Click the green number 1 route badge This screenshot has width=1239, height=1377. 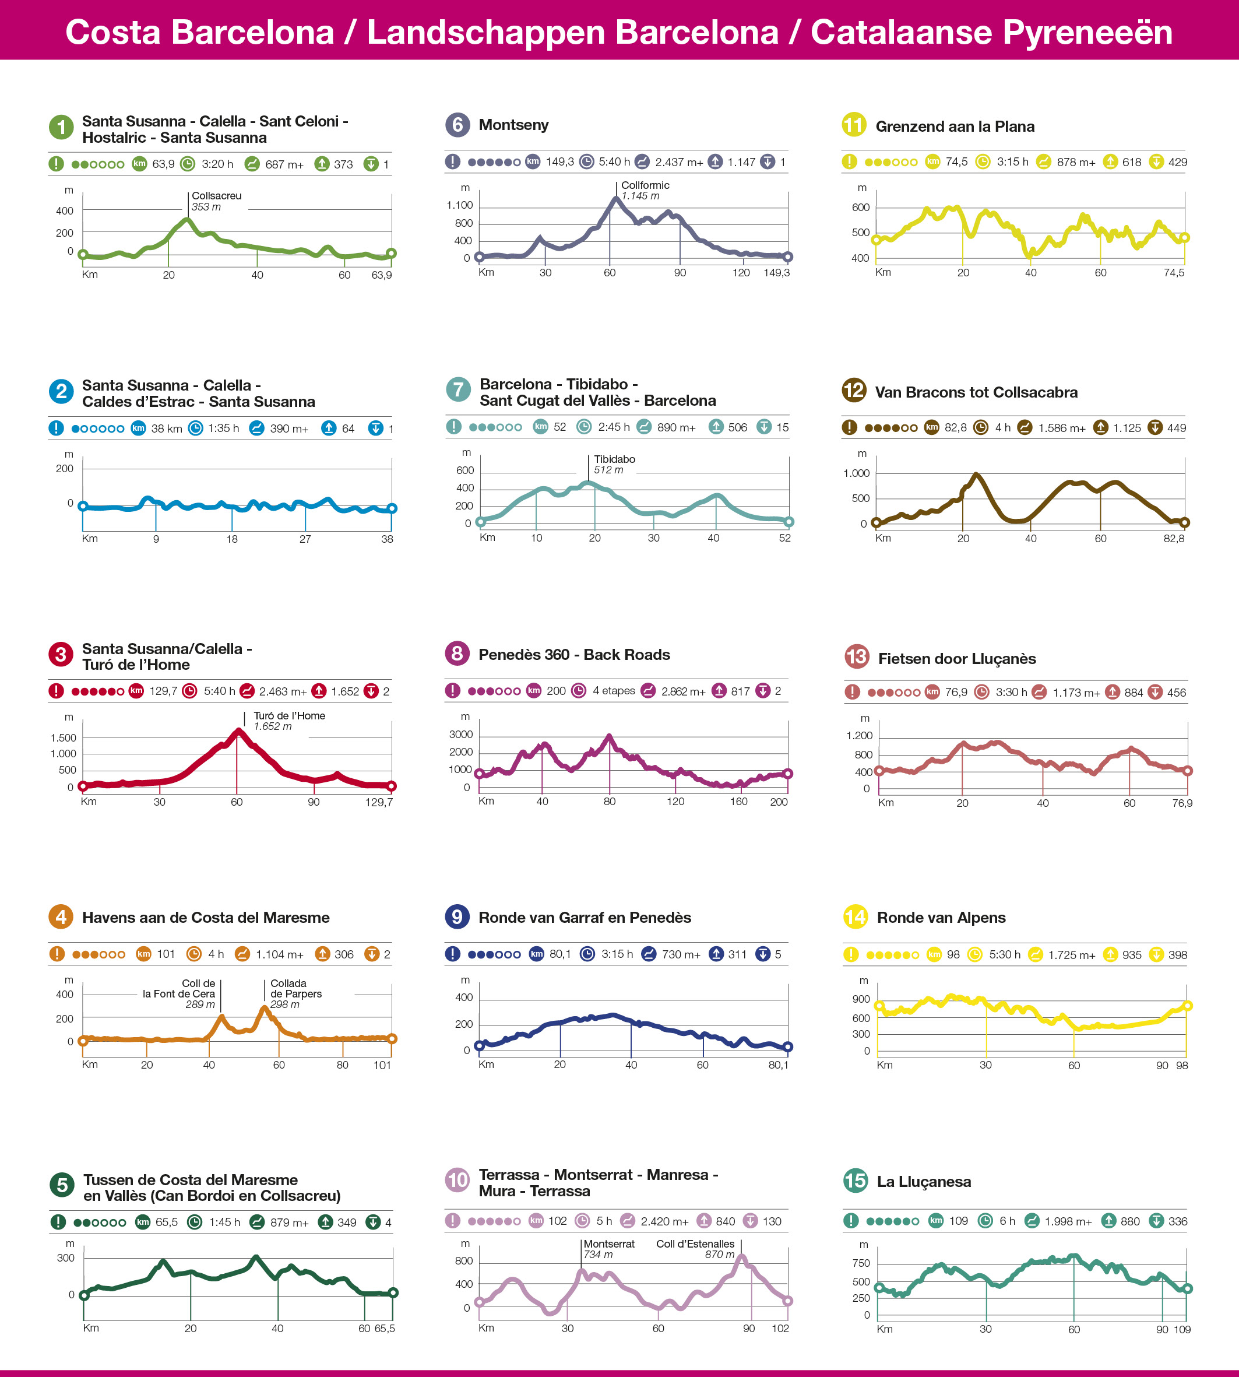click(61, 127)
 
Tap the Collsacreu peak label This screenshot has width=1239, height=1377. click(216, 201)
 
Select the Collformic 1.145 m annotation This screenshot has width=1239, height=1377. click(644, 191)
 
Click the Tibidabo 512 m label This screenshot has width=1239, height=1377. click(614, 465)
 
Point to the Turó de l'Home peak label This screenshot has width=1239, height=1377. click(288, 721)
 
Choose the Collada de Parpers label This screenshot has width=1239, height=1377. click(295, 993)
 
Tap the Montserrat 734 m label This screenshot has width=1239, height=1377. click(608, 1249)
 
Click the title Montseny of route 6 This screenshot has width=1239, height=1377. click(513, 125)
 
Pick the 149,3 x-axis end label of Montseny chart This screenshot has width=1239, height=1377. click(776, 273)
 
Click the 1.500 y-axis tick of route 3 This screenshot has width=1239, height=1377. click(64, 737)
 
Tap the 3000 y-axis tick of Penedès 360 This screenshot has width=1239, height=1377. click(460, 734)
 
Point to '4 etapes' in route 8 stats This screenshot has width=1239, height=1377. click(613, 691)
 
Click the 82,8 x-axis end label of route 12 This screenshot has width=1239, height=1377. click(1174, 539)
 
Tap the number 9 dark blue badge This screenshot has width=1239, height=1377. click(457, 916)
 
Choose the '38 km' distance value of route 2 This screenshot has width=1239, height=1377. click(166, 428)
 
